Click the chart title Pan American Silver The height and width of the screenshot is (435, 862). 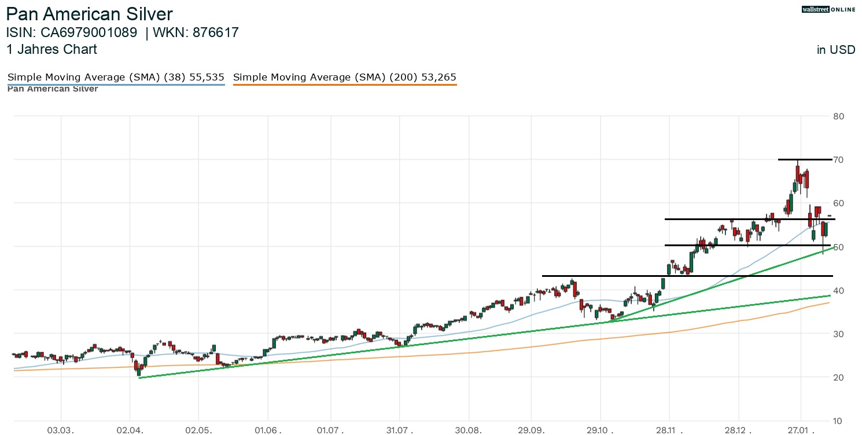coord(89,14)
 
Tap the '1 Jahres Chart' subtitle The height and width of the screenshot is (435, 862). coord(51,50)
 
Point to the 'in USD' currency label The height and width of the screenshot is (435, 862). coord(835,50)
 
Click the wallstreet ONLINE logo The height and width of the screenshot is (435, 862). coord(828,9)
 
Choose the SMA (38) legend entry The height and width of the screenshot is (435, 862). coord(116,77)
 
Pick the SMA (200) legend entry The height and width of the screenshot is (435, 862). coord(345,77)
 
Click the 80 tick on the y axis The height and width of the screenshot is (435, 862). coord(839,116)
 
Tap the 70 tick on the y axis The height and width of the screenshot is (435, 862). coord(839,160)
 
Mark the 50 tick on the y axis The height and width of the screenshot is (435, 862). coord(839,247)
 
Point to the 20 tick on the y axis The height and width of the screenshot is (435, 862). coord(839,378)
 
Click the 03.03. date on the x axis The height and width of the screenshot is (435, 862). coord(61,430)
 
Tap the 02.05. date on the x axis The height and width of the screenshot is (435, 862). coord(198,430)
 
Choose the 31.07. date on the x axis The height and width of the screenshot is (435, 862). coord(399,430)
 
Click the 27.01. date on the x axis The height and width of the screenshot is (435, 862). coord(801,430)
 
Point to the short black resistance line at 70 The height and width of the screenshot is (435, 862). coord(805,159)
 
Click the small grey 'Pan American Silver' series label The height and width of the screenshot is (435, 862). coord(53,89)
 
